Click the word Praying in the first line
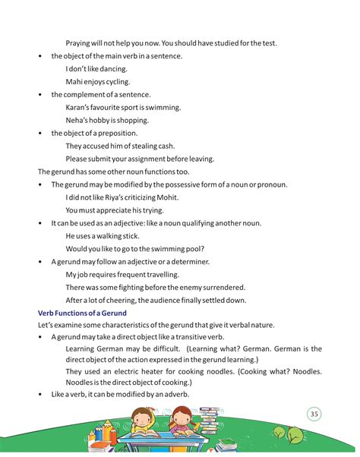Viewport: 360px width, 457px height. (81, 43)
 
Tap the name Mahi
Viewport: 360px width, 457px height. (74, 81)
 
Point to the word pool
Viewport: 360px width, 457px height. (193, 249)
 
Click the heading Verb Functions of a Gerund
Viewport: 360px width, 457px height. (82, 313)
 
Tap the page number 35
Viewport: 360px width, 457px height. (314, 414)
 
